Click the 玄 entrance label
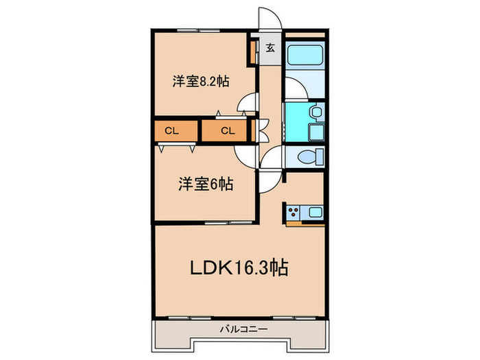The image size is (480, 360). pos(270,48)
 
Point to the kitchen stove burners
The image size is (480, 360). pos(293,211)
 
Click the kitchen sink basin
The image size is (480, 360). pos(314,211)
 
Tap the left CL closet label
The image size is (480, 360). pos(171,130)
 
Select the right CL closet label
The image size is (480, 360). pos(228,130)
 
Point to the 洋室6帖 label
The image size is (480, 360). pos(206,184)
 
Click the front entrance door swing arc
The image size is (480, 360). pos(267,19)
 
